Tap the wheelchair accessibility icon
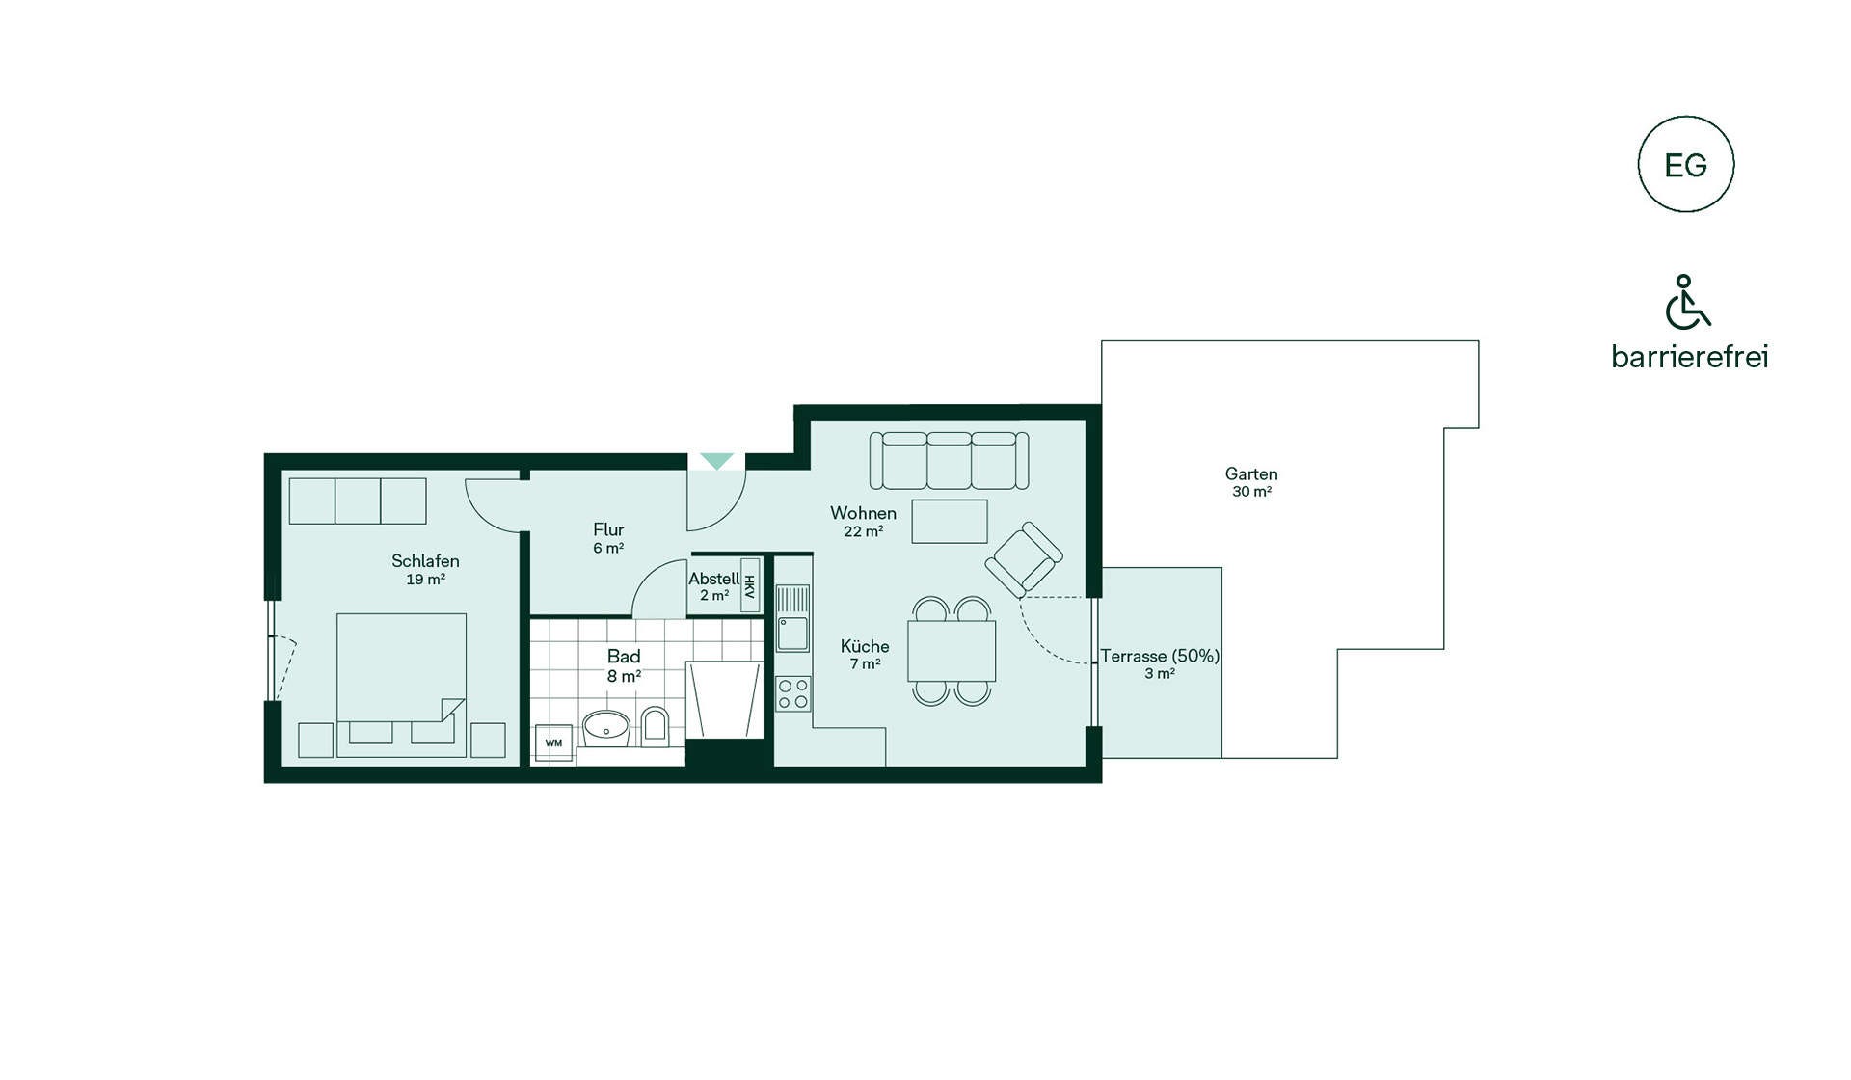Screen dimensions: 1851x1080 point(1686,302)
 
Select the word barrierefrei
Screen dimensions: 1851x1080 point(1690,357)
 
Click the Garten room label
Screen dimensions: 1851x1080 point(1251,473)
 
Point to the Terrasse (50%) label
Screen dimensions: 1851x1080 point(1161,656)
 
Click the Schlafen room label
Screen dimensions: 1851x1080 point(425,561)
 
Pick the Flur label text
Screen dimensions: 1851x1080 point(608,529)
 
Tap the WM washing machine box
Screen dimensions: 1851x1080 point(553,742)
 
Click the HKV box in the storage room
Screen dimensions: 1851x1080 point(750,585)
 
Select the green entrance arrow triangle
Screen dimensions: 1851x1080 point(716,461)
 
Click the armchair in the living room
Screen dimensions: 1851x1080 point(1024,558)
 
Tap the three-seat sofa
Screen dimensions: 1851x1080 point(950,460)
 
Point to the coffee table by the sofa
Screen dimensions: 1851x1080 point(950,521)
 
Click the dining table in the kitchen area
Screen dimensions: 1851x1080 point(952,651)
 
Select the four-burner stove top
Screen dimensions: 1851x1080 point(793,693)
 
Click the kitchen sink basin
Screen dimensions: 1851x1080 point(793,634)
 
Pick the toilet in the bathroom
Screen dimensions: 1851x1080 point(655,726)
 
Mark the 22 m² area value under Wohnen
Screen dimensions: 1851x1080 point(864,531)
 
